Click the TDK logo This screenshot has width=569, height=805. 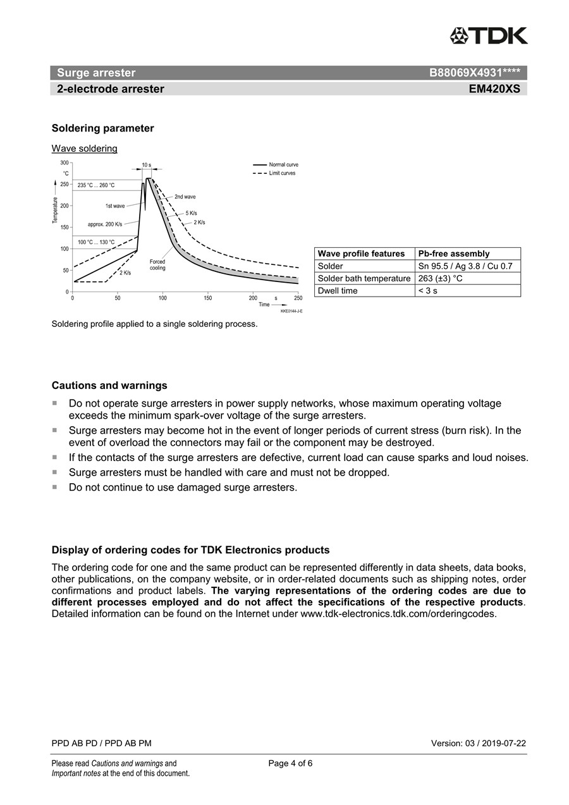tap(489, 36)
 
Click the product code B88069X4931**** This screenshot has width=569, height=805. tap(474, 73)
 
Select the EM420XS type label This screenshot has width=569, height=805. tap(494, 89)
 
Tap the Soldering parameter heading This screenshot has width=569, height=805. tap(102, 128)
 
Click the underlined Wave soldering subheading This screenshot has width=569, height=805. tap(84, 149)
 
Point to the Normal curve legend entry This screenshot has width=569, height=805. tap(283, 164)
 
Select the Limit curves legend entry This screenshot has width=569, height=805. tap(282, 173)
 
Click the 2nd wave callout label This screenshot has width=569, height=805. tap(185, 197)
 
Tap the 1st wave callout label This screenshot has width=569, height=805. tap(115, 206)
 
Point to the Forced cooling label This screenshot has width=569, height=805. tap(157, 265)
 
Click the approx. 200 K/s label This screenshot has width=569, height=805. tap(105, 224)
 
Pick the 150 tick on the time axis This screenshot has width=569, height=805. tap(208, 298)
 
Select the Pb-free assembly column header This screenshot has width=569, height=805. tap(454, 254)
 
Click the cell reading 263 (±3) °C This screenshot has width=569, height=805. tap(441, 278)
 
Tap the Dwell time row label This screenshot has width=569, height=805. tap(338, 291)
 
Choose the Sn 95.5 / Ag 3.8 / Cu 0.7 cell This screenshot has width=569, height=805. tap(465, 266)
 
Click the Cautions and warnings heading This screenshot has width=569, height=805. tap(109, 386)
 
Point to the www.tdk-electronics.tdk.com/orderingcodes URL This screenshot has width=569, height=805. tap(398, 613)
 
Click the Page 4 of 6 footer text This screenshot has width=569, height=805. tap(290, 763)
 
